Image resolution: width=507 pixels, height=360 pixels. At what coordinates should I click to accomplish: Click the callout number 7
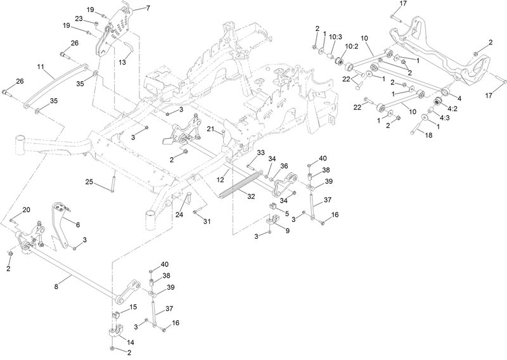(x=148, y=8)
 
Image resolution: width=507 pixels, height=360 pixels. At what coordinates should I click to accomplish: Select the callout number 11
(x=40, y=67)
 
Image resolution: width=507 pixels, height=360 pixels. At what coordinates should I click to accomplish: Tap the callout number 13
(x=122, y=62)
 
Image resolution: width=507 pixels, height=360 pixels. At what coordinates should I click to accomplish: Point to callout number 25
(x=89, y=182)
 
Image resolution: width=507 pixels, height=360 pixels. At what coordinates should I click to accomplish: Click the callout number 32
(x=251, y=196)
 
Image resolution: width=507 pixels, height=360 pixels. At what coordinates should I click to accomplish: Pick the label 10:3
(x=336, y=37)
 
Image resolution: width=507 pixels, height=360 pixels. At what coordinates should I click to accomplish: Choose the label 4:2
(x=452, y=108)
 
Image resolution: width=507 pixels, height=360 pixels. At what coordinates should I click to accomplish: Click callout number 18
(x=428, y=135)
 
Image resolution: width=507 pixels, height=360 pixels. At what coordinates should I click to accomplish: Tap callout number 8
(x=56, y=286)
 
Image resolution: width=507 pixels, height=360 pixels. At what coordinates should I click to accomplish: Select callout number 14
(x=131, y=342)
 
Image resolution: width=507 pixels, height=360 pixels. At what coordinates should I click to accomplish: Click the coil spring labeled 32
(x=240, y=185)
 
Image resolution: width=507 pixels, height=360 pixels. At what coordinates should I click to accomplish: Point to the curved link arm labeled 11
(x=55, y=85)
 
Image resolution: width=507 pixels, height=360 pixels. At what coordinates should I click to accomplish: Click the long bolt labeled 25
(x=113, y=182)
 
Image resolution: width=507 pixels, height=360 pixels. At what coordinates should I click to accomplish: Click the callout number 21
(x=211, y=129)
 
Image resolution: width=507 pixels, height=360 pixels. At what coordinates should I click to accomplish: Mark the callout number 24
(x=179, y=214)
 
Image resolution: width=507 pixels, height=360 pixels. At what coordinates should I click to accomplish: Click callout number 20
(x=26, y=210)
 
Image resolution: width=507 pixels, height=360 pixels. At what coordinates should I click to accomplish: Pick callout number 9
(x=287, y=230)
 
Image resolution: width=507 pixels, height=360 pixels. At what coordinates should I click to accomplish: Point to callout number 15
(x=133, y=307)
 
